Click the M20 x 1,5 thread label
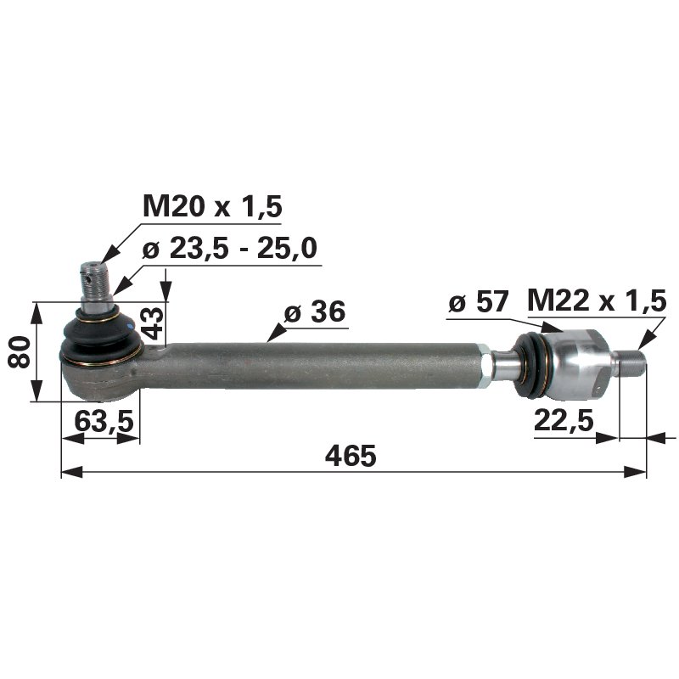(x=212, y=206)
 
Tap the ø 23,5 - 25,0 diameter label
(x=230, y=248)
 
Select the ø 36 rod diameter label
(x=315, y=311)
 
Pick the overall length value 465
(x=351, y=456)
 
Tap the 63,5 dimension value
(x=104, y=421)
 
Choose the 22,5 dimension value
(x=564, y=420)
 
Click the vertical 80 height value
(x=20, y=352)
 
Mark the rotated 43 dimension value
(x=153, y=323)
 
